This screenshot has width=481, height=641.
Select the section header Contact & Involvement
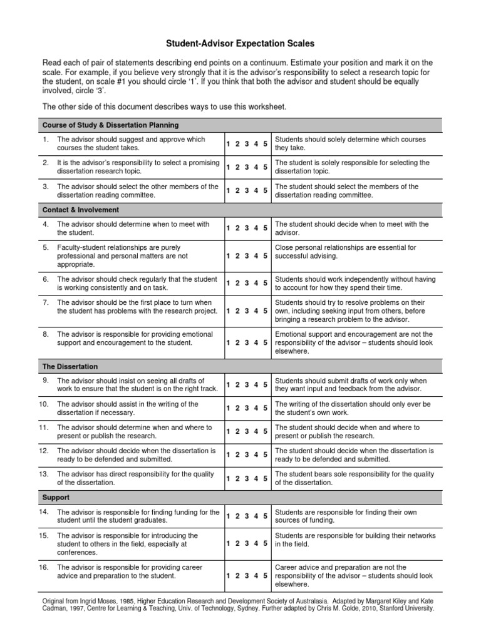pyautogui.click(x=80, y=210)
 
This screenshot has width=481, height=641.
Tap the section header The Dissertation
pyautogui.click(x=70, y=366)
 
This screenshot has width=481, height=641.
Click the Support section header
pyautogui.click(x=56, y=498)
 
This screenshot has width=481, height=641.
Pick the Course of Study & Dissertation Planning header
pyautogui.click(x=110, y=125)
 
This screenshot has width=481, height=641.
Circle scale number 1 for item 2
pyautogui.click(x=228, y=167)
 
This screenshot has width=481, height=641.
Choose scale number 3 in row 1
pyautogui.click(x=247, y=144)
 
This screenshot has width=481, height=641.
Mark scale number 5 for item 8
pyautogui.click(x=266, y=343)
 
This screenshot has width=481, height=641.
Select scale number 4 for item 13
pyautogui.click(x=256, y=479)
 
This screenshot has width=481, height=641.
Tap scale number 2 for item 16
pyautogui.click(x=237, y=576)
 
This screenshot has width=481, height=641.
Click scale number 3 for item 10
pyautogui.click(x=247, y=409)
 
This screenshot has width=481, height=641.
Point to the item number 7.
pyautogui.click(x=46, y=302)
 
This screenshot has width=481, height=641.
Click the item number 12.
pyautogui.click(x=44, y=451)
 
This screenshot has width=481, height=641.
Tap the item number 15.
pyautogui.click(x=44, y=536)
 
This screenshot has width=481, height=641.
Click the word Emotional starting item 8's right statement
pyautogui.click(x=291, y=334)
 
